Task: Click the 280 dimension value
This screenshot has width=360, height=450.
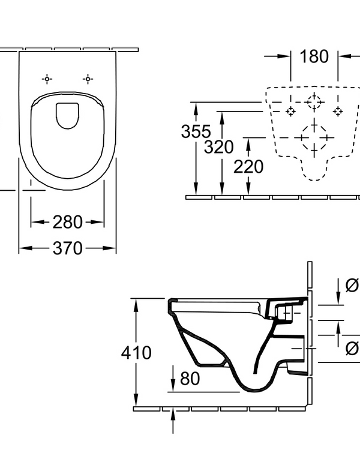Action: click(x=67, y=222)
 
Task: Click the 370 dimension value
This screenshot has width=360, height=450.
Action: click(x=67, y=247)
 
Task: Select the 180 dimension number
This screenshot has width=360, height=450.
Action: click(x=314, y=56)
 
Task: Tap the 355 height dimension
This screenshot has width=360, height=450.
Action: click(x=196, y=131)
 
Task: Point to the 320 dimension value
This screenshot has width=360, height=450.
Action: click(x=218, y=147)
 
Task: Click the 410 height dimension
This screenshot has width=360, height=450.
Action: click(x=136, y=353)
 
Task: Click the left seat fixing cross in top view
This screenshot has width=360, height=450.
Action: click(x=47, y=79)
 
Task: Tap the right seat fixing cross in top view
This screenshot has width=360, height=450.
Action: click(x=88, y=79)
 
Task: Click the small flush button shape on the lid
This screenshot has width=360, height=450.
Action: click(x=67, y=116)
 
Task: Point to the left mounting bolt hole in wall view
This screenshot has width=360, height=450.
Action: click(x=290, y=111)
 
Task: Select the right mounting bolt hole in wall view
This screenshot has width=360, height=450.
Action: click(x=338, y=111)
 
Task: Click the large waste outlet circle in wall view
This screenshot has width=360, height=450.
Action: click(x=314, y=137)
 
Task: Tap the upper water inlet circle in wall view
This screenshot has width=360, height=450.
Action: click(x=314, y=102)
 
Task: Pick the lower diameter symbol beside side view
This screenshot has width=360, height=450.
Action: click(x=353, y=347)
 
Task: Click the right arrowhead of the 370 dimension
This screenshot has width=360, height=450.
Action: click(x=111, y=247)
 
